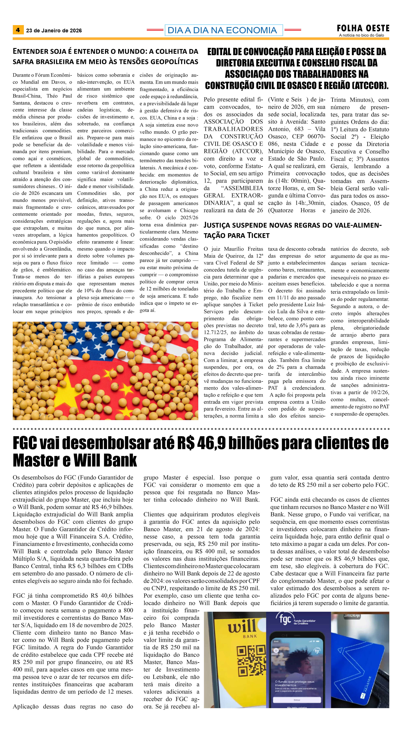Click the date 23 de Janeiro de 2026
click(x=54, y=31)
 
